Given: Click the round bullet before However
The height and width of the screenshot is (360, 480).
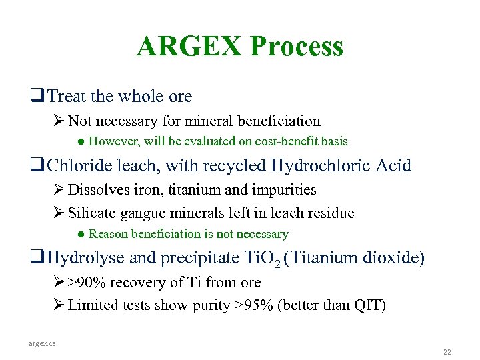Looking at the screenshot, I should (79, 142).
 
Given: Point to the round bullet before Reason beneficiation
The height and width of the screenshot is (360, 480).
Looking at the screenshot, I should (79, 234).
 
